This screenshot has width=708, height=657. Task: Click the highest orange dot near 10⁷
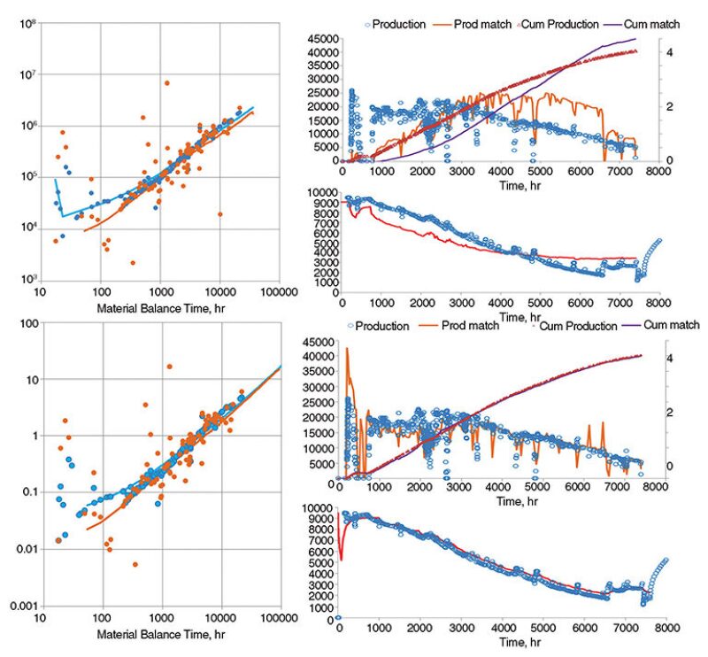pos(165,83)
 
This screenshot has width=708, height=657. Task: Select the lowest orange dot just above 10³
pos(133,263)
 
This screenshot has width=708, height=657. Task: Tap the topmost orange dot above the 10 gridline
pos(169,367)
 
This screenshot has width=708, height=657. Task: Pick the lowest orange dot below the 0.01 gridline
pos(135,564)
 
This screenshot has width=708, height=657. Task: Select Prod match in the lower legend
pos(471,326)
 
